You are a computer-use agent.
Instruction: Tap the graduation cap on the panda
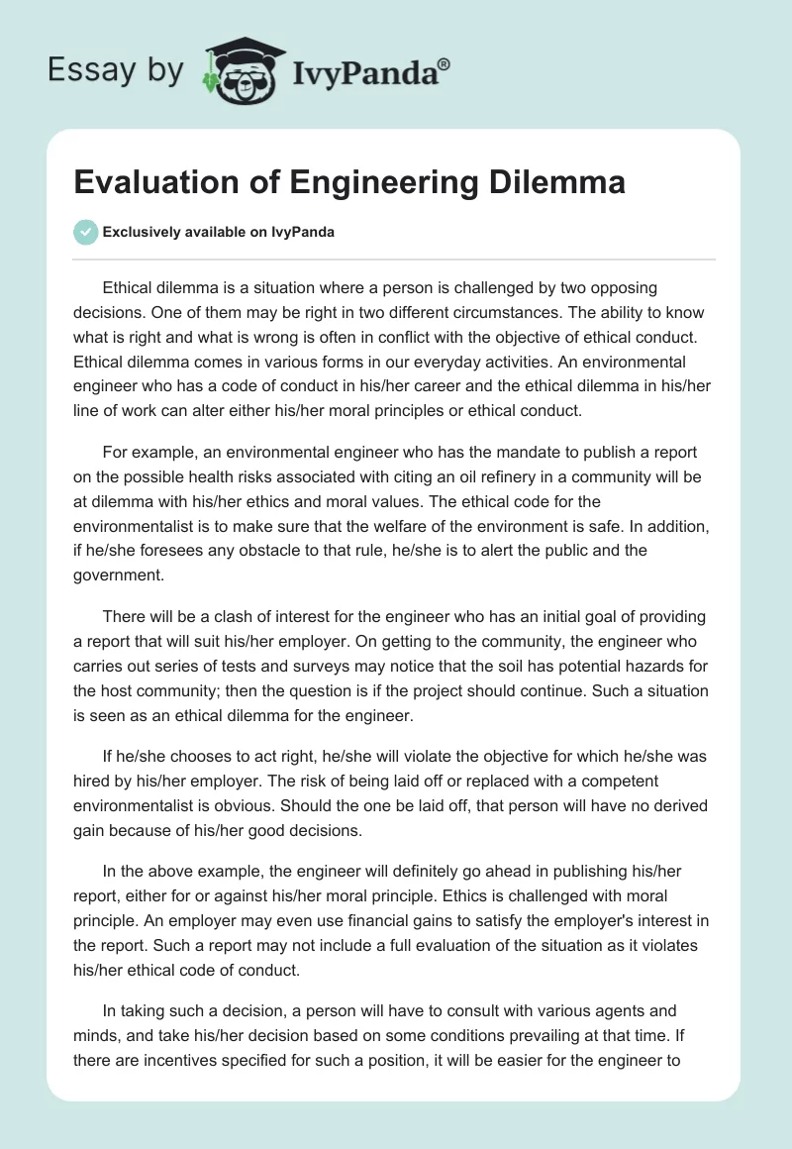245,51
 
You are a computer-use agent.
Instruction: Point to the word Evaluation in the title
143,183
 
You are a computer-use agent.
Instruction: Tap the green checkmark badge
85,233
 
